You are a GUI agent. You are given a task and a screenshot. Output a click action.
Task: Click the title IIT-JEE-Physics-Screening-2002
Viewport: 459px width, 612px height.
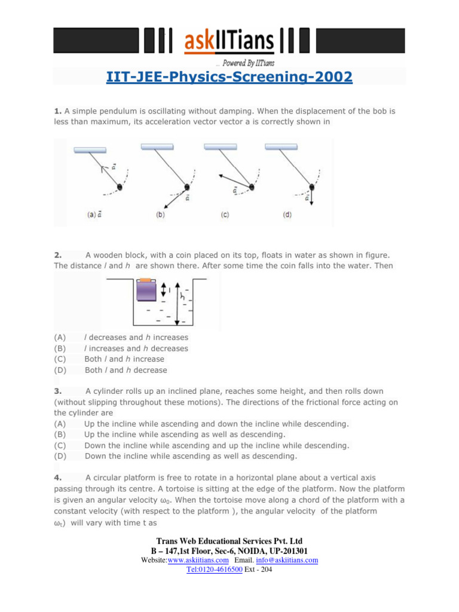tap(229, 77)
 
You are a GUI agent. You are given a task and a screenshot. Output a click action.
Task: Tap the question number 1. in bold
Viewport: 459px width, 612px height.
tap(57, 111)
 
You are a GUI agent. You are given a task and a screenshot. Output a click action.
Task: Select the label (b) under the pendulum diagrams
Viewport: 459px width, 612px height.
tap(160, 215)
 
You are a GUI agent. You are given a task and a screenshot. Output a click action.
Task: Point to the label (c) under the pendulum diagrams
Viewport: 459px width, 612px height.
tap(225, 215)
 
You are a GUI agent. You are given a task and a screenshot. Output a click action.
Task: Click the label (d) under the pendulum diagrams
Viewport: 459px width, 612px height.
tap(287, 215)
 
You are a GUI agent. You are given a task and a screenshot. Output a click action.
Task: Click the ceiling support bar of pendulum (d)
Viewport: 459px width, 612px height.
tap(281, 146)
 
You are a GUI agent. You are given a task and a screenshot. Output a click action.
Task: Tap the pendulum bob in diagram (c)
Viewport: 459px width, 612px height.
tap(252, 187)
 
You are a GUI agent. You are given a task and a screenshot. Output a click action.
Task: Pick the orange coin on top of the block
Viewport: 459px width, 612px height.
tap(145, 279)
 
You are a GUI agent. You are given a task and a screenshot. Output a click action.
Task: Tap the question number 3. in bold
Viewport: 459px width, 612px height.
tap(57, 391)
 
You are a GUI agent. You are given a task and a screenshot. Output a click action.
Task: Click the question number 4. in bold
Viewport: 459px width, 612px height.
tap(57, 478)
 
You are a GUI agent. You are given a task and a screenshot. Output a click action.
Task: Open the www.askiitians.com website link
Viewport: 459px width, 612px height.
tap(198, 560)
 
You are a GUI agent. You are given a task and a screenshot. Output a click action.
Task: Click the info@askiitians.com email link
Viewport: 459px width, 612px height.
tap(287, 560)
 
